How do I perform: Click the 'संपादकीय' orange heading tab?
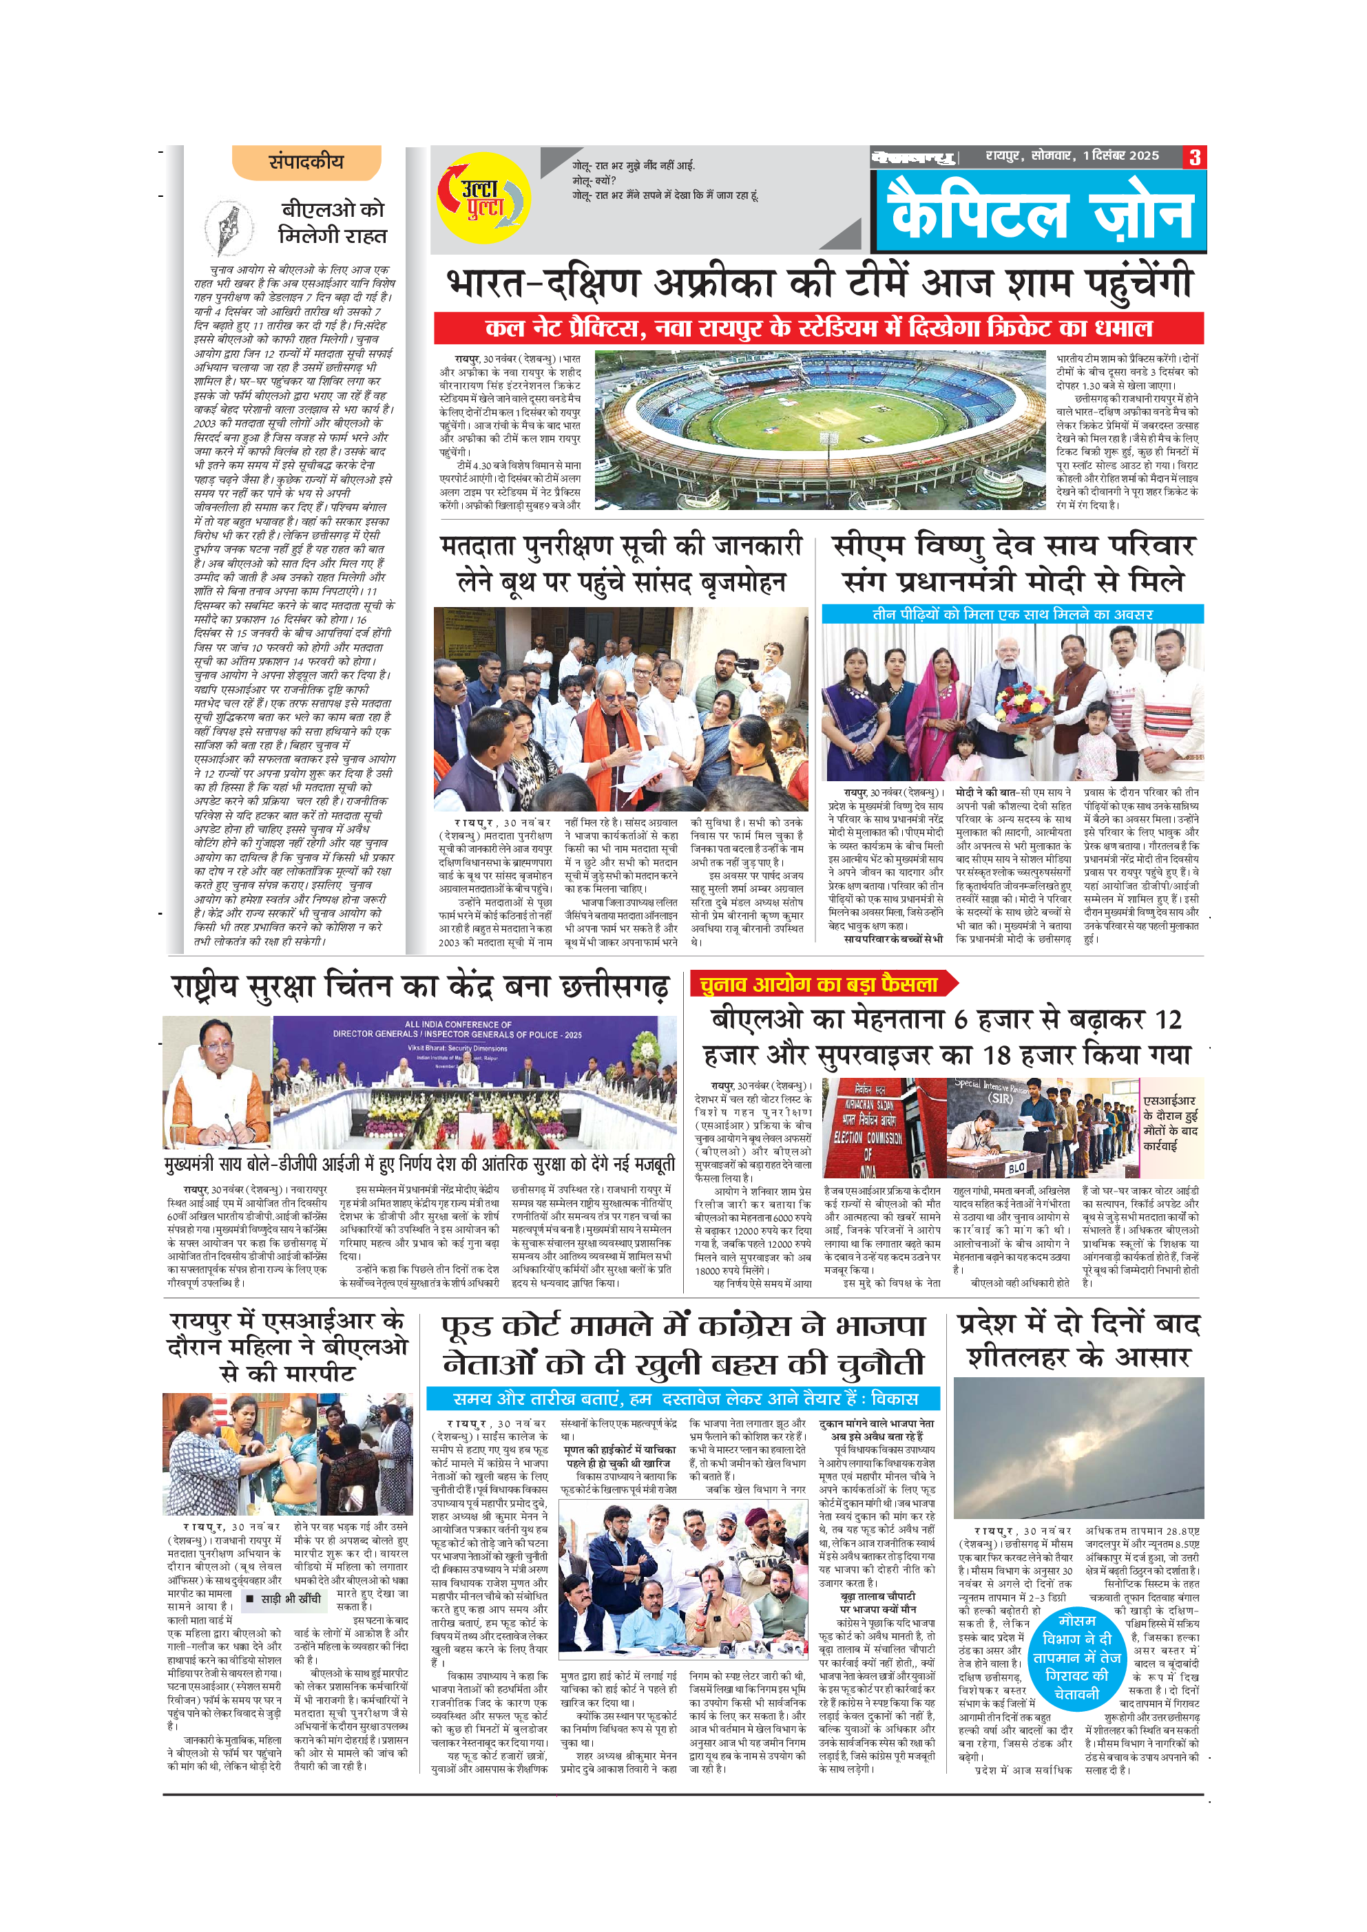[306, 162]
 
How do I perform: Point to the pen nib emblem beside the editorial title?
[229, 229]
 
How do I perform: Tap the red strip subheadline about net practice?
[818, 328]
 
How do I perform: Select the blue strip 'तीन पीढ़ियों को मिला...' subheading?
[1012, 614]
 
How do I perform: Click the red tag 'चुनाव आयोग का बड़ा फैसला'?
[819, 984]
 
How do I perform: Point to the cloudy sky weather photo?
[1078, 1448]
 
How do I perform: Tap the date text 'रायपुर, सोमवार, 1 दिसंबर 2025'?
[1072, 156]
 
